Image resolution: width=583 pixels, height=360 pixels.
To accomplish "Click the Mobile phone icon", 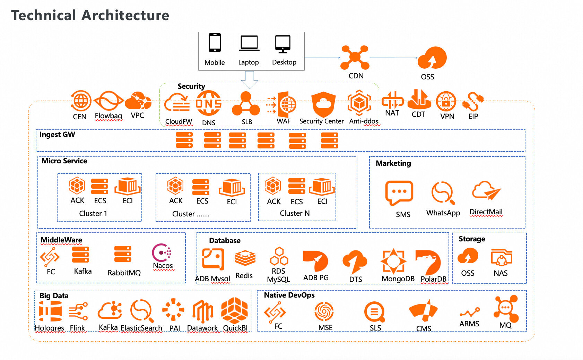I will pos(215,43).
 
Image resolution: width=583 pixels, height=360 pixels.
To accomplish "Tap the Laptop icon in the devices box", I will pos(249,44).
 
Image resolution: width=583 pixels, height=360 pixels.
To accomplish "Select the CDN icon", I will pos(355,58).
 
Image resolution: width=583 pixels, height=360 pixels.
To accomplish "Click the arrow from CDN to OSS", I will pos(393,58).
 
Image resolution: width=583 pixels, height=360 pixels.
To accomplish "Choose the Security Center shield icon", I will pos(323,104).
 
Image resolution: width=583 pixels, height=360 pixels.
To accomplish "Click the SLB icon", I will pos(246,104).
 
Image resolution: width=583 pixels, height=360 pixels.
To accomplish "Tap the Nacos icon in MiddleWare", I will pos(162,252).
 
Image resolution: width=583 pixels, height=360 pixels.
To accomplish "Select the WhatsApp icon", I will pos(443,193).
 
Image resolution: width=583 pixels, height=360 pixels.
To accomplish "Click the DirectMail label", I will pos(486,212).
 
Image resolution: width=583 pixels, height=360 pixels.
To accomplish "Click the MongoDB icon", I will pos(393,260).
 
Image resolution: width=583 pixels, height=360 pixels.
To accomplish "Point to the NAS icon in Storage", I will pos(501,258).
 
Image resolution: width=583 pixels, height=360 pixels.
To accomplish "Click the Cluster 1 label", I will pos(93,214).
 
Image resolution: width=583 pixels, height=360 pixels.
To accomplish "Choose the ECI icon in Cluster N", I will pos(322,187).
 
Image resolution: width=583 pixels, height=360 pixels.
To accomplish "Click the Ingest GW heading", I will pos(57,135).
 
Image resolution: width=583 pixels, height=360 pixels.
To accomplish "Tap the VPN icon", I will pos(446,102).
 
